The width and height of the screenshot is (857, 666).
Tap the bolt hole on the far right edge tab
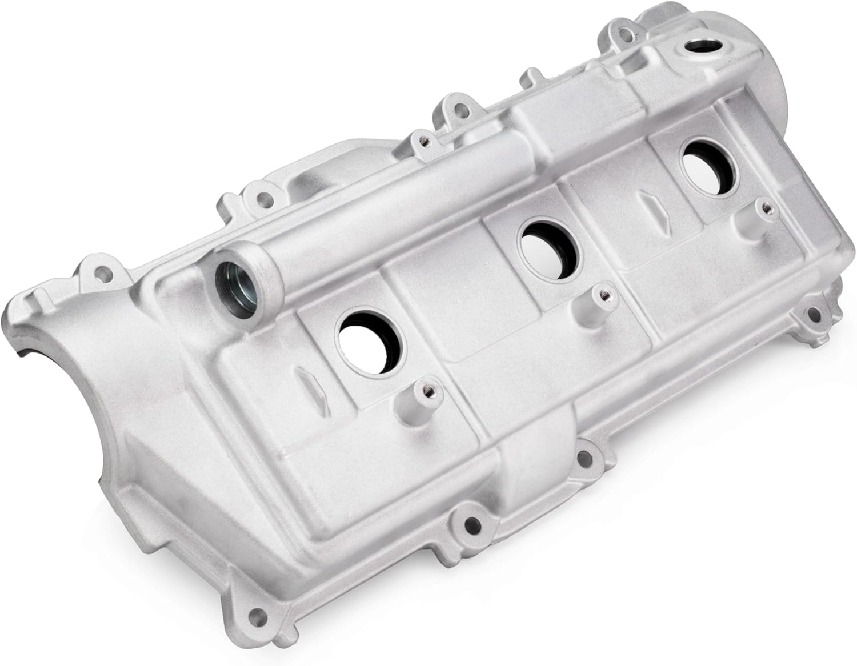(812, 312)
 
